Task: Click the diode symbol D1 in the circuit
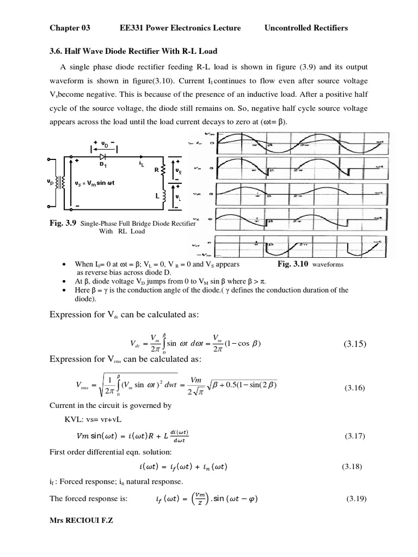(102, 157)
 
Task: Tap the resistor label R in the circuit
(156, 169)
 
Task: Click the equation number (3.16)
(357, 388)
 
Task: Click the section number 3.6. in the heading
(57, 51)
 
